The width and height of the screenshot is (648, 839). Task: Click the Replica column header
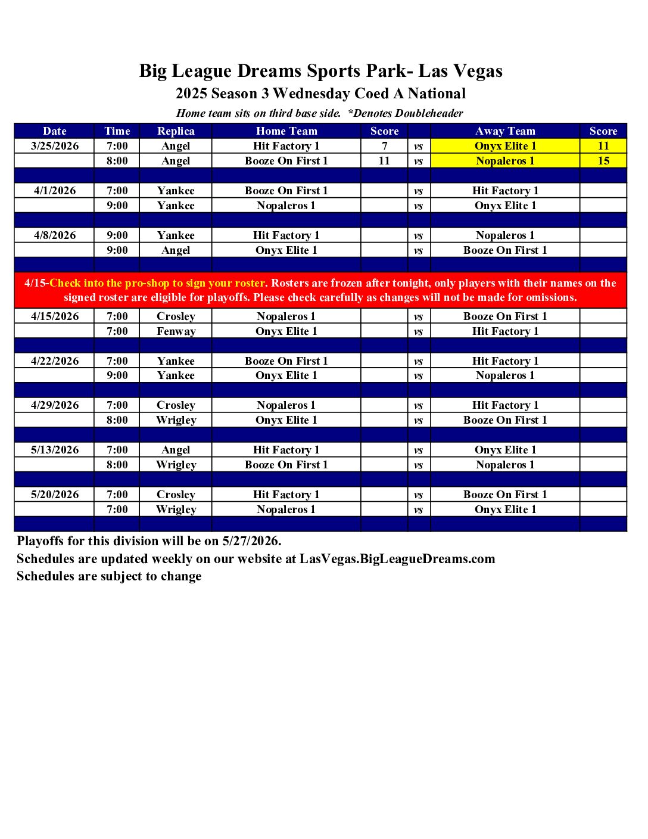[176, 131]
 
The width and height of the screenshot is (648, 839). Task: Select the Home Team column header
[286, 131]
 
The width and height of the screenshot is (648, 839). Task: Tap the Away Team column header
[505, 131]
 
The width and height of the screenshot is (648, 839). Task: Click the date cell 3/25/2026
[55, 146]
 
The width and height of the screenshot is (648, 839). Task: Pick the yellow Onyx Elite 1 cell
[505, 146]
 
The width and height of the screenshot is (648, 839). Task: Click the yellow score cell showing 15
[603, 161]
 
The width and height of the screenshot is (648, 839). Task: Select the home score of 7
[385, 146]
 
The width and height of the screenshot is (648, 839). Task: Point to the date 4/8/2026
[55, 235]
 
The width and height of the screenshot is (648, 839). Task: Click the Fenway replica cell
[176, 331]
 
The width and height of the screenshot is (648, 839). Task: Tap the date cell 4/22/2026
[55, 361]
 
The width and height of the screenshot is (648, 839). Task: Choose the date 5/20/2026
[55, 495]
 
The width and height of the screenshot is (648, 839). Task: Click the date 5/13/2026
[55, 450]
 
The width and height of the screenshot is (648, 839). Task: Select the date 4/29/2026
[55, 405]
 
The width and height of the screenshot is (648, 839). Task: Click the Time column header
[117, 131]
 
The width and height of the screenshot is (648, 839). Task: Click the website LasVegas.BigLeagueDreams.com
[397, 559]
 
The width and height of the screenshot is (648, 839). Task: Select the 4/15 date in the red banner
[35, 283]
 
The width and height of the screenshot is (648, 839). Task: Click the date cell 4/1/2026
[55, 191]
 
